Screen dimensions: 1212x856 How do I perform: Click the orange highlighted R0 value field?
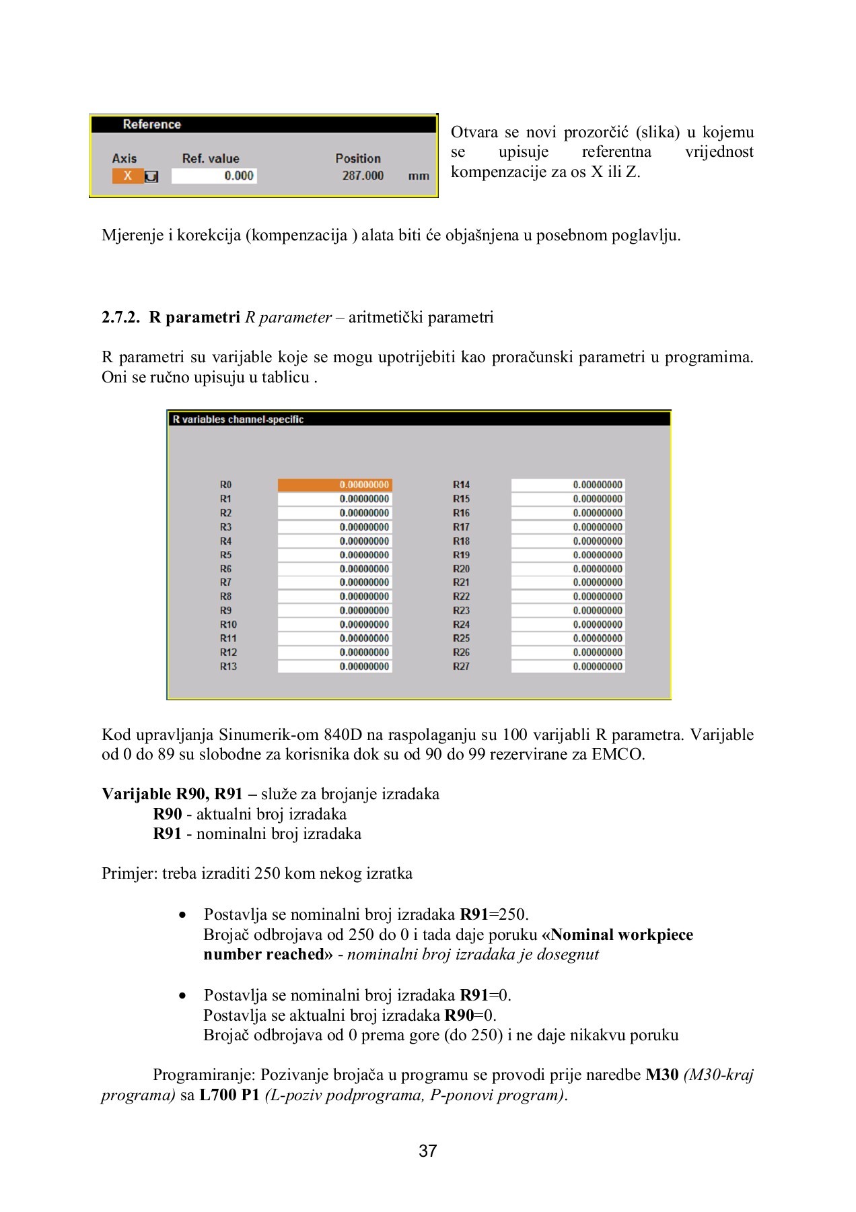[334, 485]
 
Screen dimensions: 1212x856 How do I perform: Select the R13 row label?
[228, 667]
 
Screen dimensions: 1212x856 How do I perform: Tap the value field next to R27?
[568, 667]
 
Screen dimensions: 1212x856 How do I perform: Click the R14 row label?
[461, 485]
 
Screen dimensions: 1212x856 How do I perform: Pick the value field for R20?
[568, 569]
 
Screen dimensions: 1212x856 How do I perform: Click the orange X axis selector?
[127, 176]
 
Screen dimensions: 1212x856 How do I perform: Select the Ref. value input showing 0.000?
[214, 176]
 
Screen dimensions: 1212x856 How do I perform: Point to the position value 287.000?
[363, 176]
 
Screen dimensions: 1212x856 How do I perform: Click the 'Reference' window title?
[151, 125]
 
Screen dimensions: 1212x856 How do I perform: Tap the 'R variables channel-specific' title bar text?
[238, 419]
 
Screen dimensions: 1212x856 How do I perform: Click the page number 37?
[428, 1151]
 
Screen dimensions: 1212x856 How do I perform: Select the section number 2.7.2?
[120, 318]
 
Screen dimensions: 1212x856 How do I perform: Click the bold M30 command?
[662, 1075]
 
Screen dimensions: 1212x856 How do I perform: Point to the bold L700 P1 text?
[229, 1095]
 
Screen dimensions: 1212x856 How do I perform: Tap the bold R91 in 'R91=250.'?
[474, 914]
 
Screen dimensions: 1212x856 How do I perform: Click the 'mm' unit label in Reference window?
[419, 176]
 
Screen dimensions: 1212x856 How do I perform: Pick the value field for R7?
[334, 582]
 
